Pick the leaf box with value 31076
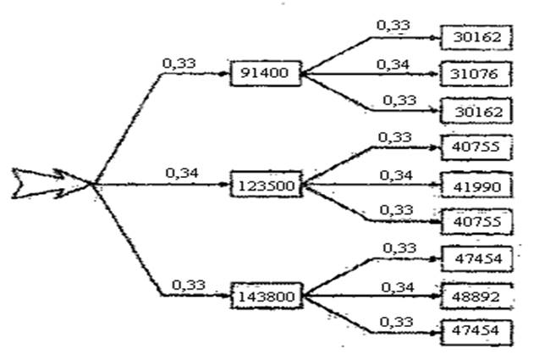tap(477, 75)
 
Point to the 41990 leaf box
tap(477, 184)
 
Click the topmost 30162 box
tap(477, 37)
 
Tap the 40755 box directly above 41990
tap(477, 147)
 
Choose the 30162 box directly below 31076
tap(477, 111)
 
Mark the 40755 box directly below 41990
tap(477, 221)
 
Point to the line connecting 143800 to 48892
tap(372, 296)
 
